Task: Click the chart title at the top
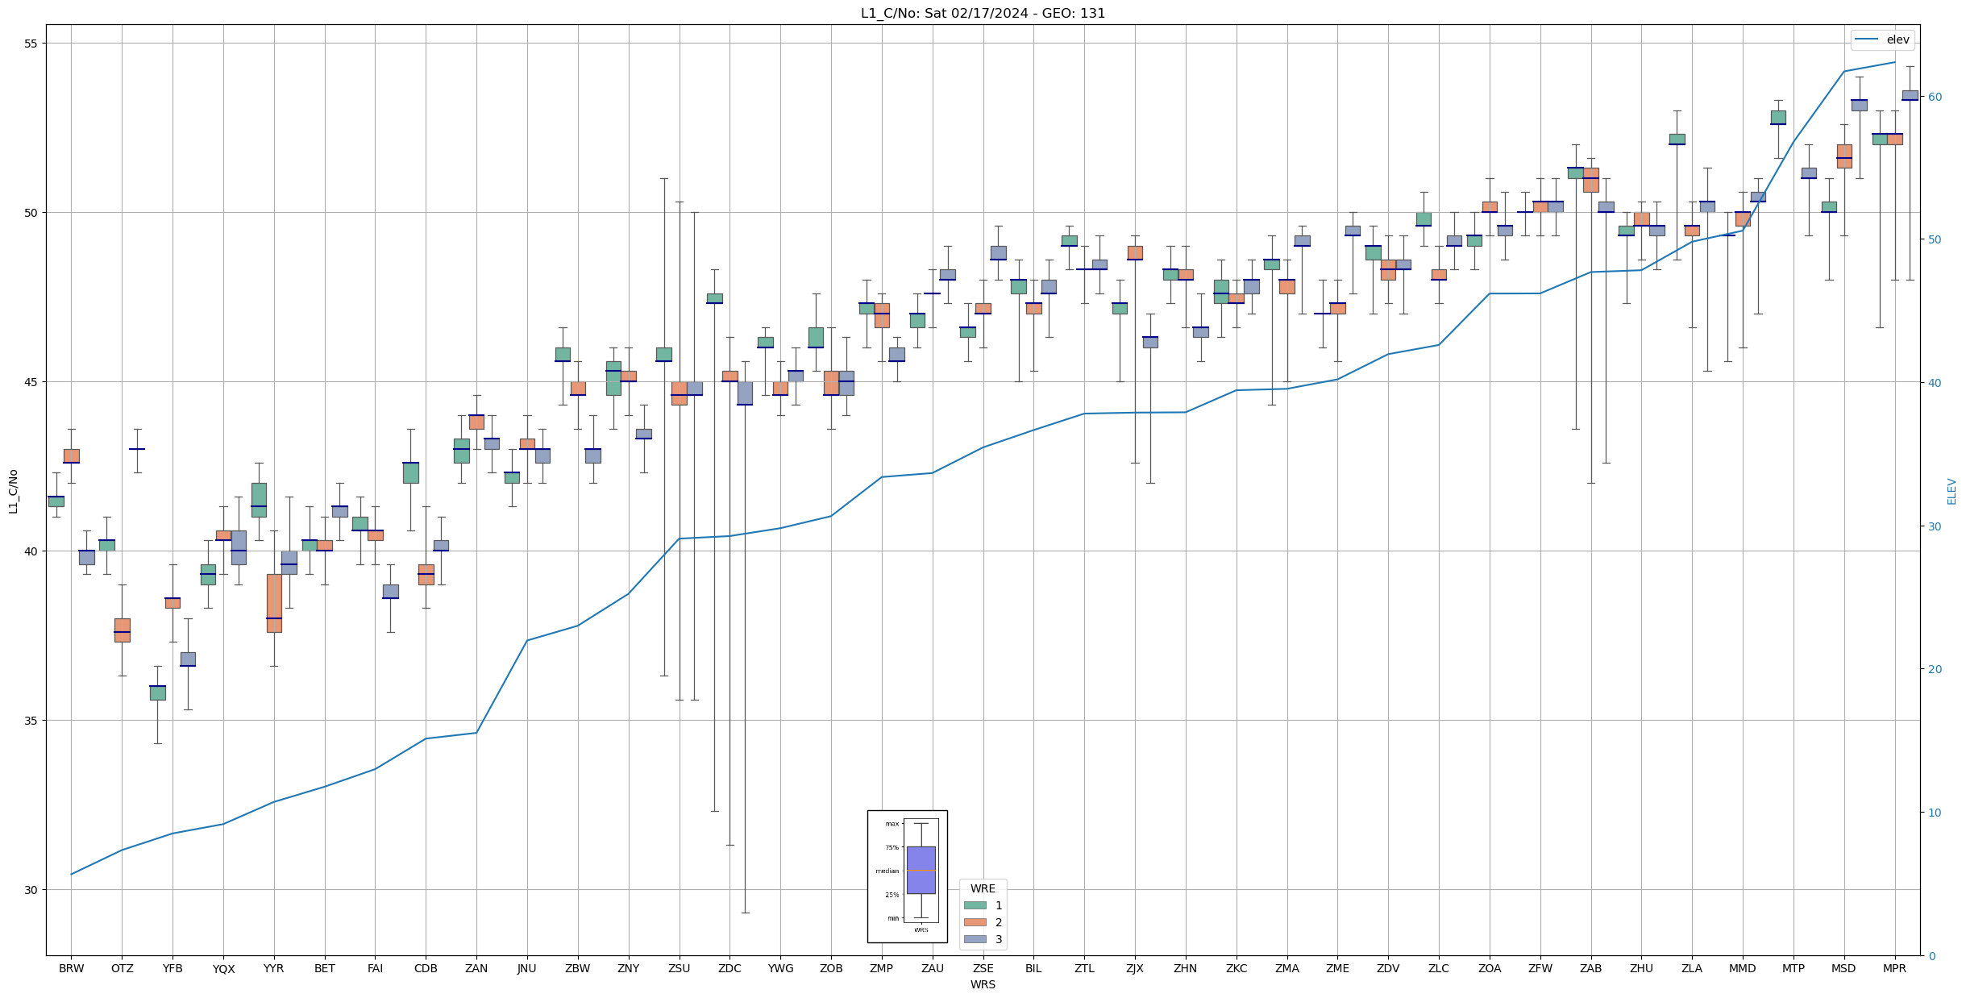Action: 983,13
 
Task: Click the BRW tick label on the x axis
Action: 71,968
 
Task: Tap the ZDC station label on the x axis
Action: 729,968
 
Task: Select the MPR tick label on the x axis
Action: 1894,968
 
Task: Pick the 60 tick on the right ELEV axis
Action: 1934,97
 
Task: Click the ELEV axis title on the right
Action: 1951,491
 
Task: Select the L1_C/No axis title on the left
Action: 13,491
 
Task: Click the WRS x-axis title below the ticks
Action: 983,984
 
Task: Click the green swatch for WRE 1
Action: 975,905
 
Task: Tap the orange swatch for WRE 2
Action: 975,922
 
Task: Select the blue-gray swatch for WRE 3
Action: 975,939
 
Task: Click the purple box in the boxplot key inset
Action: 921,870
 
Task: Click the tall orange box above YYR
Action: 274,603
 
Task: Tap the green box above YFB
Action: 157,692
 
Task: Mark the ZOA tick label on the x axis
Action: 1490,968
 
